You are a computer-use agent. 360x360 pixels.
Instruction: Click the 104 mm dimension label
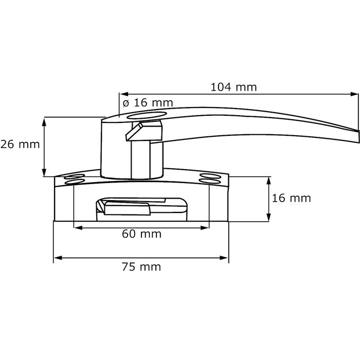tap(233, 87)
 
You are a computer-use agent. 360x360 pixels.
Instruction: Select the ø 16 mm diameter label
tap(148, 103)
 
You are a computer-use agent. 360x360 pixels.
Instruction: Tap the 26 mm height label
tap(20, 145)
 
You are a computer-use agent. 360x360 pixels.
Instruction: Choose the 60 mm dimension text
tap(141, 235)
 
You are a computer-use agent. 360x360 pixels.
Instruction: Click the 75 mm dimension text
tap(141, 266)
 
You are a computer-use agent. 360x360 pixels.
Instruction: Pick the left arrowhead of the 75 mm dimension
tap(57, 257)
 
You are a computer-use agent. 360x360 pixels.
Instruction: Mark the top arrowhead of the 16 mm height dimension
tap(268, 180)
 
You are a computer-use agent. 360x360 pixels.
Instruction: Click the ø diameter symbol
tap(125, 103)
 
